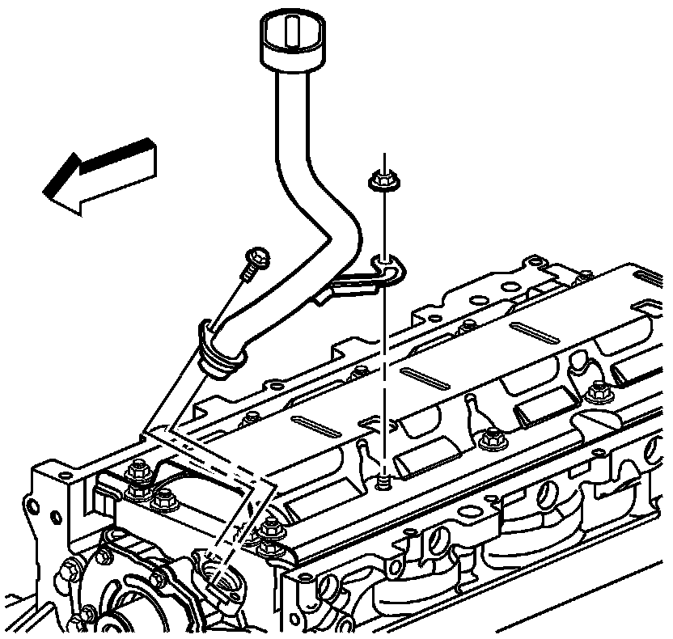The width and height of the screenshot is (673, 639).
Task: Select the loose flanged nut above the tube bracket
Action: [379, 180]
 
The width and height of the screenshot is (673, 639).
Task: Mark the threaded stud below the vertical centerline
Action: [383, 481]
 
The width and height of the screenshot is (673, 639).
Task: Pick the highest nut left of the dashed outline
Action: [138, 468]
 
